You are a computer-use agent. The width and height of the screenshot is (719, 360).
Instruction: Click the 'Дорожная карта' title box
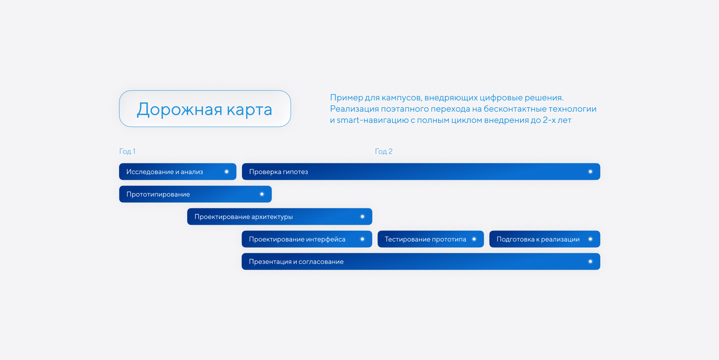tap(205, 109)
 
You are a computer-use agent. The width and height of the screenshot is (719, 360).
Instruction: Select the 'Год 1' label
tap(127, 151)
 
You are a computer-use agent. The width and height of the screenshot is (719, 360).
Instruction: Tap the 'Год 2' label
tap(383, 151)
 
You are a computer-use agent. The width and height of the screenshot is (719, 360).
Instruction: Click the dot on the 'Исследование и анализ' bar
tap(227, 172)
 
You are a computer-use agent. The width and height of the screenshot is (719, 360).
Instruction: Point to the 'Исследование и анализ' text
tap(164, 172)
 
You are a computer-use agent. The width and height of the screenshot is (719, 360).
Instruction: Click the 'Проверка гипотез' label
tap(278, 172)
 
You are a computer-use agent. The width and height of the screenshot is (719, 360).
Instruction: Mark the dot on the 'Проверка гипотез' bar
tap(590, 172)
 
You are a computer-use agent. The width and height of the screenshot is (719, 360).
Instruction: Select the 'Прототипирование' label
tap(158, 194)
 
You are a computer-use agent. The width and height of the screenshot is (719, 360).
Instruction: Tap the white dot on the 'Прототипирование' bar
tap(262, 194)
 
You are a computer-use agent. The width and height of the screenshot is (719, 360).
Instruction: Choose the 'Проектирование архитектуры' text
tap(243, 217)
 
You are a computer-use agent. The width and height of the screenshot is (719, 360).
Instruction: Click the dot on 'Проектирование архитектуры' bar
tap(362, 217)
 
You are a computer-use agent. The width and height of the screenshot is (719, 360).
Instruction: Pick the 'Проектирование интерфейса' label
tap(297, 239)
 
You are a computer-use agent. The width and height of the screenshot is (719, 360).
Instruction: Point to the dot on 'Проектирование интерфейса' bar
tap(362, 239)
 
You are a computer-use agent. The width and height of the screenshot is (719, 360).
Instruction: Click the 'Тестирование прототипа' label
tap(425, 239)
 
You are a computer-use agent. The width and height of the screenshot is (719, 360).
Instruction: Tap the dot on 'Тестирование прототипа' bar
tap(474, 239)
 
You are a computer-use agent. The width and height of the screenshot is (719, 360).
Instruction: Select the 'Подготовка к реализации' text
tap(538, 239)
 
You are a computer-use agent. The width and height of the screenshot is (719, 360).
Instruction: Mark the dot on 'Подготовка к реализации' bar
tap(590, 239)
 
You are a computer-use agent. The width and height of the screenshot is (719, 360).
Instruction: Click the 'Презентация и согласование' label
tap(296, 262)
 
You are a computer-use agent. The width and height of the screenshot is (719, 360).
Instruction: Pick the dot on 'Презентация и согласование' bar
tap(590, 261)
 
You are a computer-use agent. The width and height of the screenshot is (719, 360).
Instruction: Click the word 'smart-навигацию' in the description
tap(373, 120)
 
